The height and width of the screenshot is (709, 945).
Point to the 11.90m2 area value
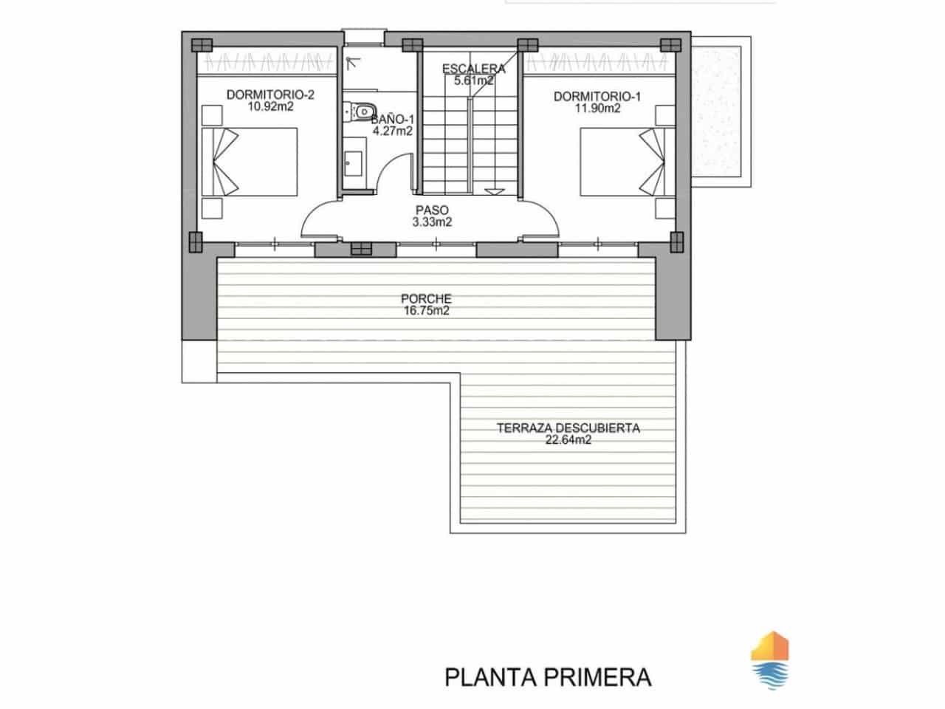pos(597,108)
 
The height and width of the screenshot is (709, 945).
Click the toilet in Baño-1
pos(361,111)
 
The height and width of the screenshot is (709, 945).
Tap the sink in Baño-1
pos(352,163)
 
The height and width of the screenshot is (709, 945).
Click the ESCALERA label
pos(474,69)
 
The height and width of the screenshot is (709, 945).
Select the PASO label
pos(432,210)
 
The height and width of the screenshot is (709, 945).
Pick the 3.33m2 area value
pos(432,222)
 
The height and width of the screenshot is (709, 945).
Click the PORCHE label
pos(426,299)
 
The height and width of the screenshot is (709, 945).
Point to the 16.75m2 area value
pos(426,310)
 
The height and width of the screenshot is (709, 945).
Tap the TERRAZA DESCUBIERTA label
pos(568,428)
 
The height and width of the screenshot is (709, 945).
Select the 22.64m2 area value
pos(568,439)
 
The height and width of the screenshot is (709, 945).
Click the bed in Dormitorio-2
pos(249,162)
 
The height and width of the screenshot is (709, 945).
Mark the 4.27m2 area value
pos(392,131)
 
